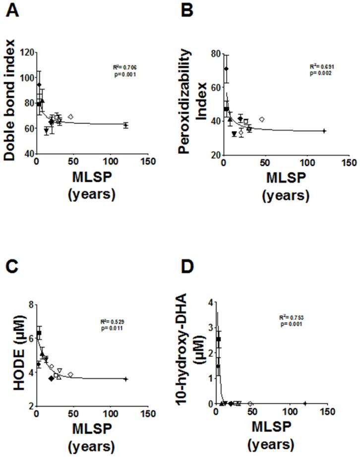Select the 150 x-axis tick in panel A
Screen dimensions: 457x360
pyautogui.click(x=147, y=162)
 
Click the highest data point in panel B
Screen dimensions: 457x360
pyautogui.click(x=226, y=69)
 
